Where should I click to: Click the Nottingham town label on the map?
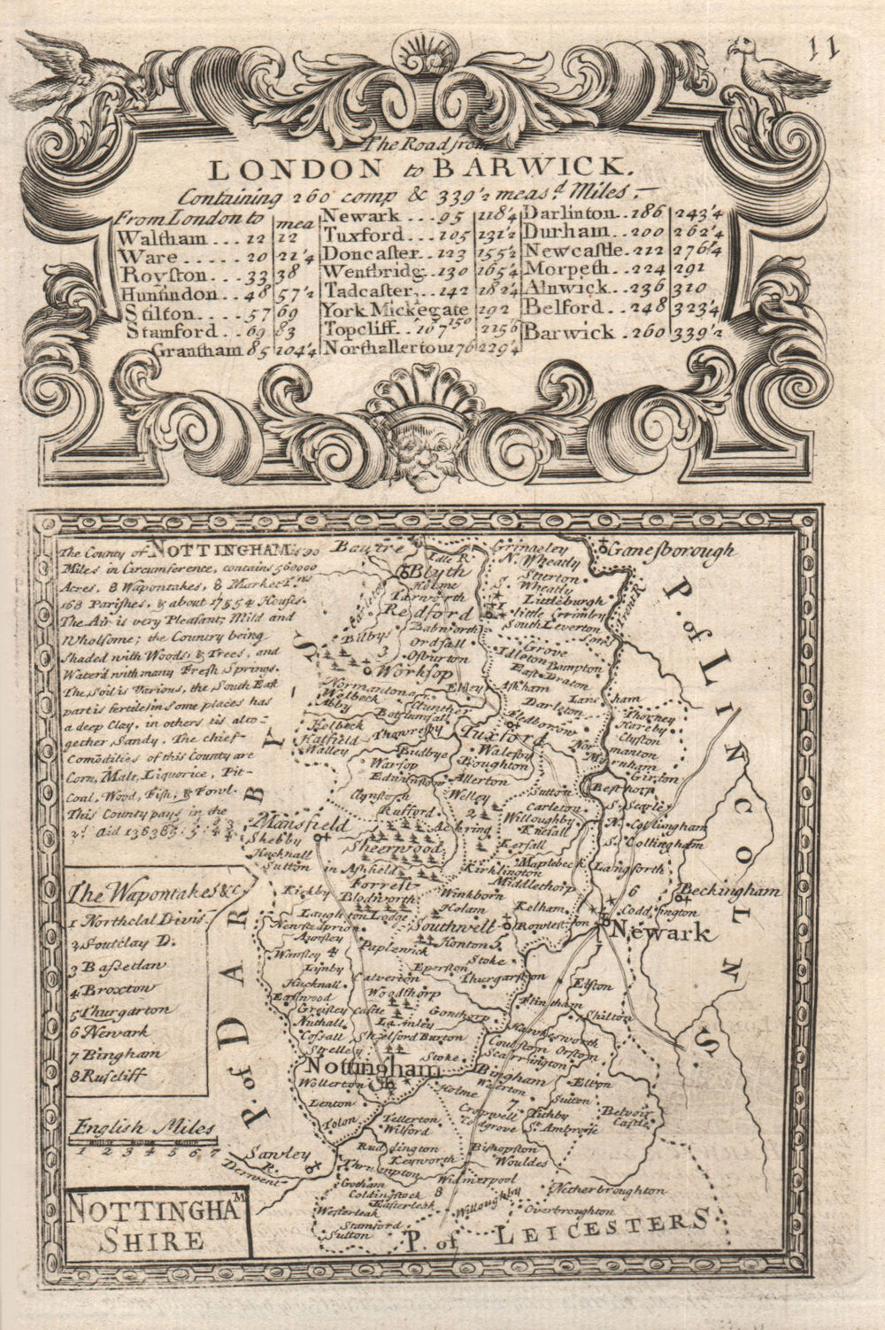(x=372, y=1070)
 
